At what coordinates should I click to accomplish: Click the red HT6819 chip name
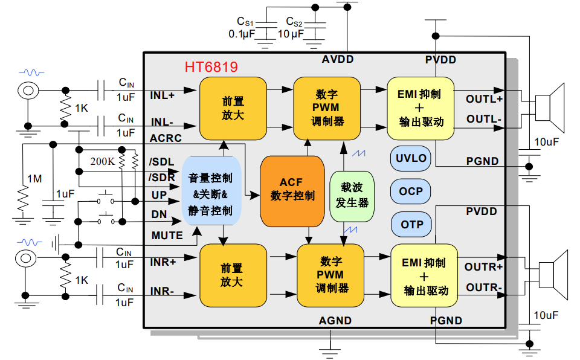click(x=211, y=67)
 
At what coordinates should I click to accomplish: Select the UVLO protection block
click(x=411, y=158)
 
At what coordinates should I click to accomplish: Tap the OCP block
click(x=411, y=191)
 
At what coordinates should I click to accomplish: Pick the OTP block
click(x=411, y=225)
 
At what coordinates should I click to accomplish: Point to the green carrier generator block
click(x=352, y=196)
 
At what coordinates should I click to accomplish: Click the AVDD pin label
click(x=337, y=59)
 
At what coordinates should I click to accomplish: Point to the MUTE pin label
click(x=167, y=235)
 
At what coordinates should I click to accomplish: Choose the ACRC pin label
click(x=166, y=138)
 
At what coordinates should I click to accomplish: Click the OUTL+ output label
click(x=484, y=98)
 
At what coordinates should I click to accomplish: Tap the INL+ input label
click(x=163, y=95)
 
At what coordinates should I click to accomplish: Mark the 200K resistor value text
click(x=102, y=161)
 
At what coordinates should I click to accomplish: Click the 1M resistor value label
click(x=34, y=179)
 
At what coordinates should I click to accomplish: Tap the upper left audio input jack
click(x=27, y=91)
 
